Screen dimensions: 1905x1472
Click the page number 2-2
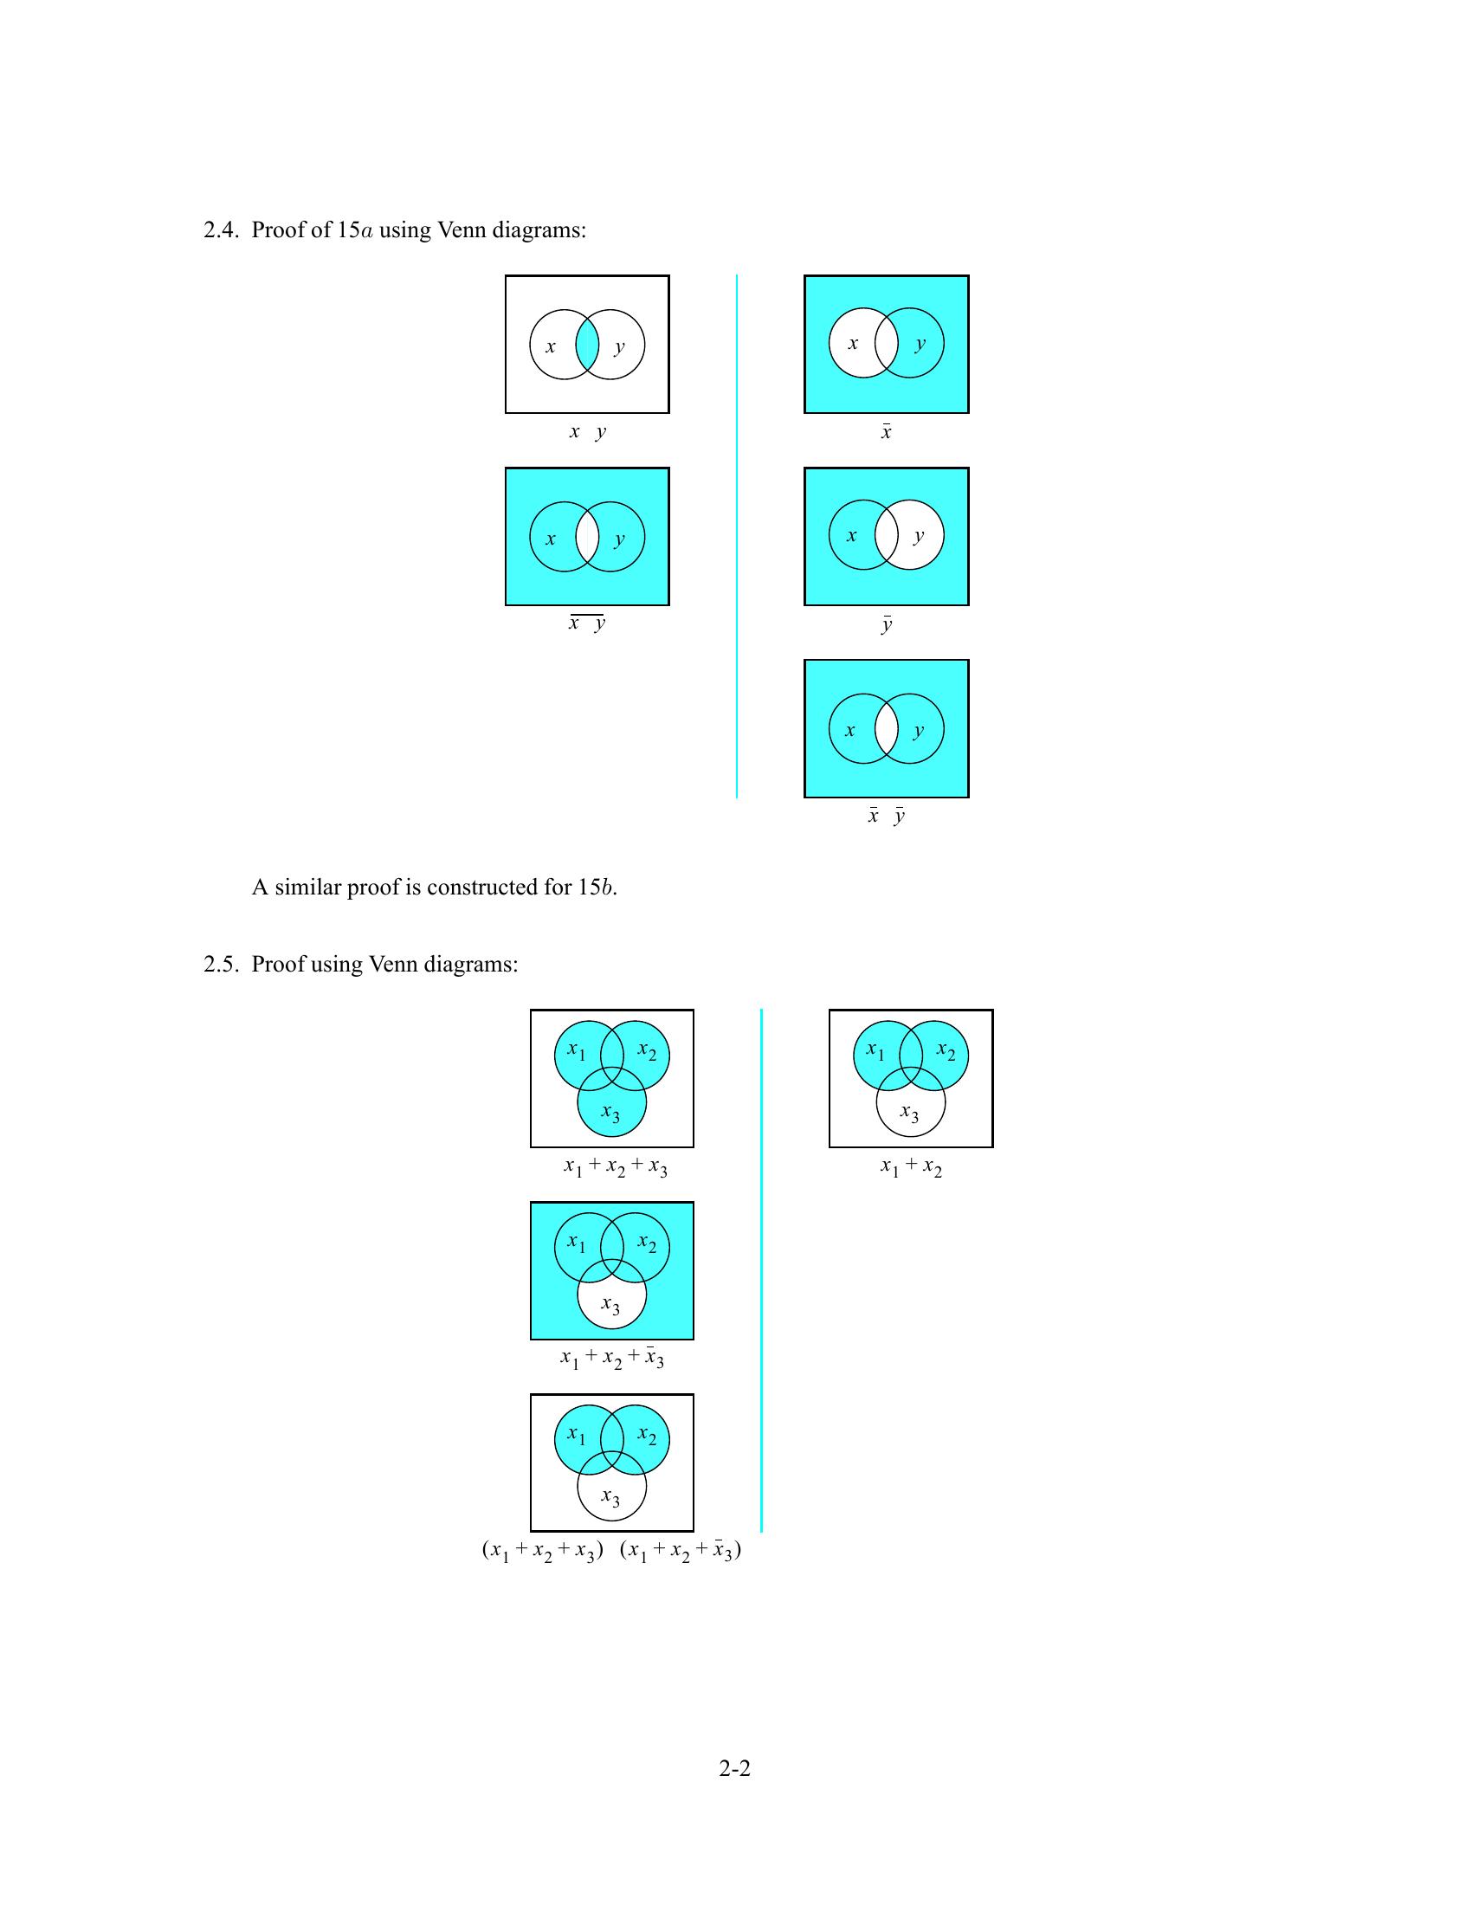734,1768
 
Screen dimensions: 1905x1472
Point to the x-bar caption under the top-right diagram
886,432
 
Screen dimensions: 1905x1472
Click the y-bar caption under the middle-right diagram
886,624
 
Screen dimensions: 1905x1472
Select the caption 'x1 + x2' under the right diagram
910,1167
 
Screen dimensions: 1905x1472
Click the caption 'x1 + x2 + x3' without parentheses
615,1167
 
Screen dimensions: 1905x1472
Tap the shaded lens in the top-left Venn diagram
587,345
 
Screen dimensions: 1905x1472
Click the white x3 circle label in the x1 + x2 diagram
909,1113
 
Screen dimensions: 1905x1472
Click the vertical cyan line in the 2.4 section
737,535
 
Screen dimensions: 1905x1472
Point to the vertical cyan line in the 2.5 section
761,1270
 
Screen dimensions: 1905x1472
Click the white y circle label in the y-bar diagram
918,535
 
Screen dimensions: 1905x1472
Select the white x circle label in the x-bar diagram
853,344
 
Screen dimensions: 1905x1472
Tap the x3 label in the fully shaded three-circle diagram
611,1113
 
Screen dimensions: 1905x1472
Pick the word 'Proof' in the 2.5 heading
278,965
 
